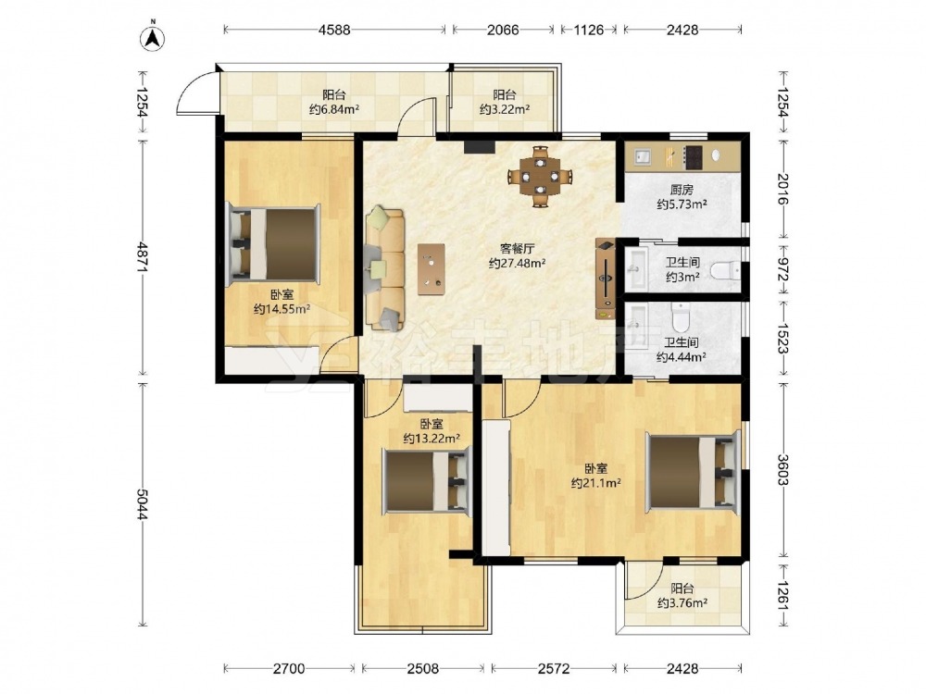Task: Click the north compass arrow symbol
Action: pos(153,37)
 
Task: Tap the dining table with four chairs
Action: pos(541,175)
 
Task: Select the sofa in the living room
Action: pos(385,268)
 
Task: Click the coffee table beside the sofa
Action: pos(432,268)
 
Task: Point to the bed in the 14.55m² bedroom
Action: pos(273,242)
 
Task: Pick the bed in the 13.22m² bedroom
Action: pos(426,479)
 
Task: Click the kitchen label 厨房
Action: pos(682,190)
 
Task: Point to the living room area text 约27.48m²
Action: pos(517,263)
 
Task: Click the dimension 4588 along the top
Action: pos(334,30)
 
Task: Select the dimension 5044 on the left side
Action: pos(142,504)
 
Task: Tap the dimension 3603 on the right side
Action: pos(783,469)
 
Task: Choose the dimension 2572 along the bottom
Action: pos(554,668)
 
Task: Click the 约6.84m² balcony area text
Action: pos(335,109)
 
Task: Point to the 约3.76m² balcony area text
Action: pos(682,603)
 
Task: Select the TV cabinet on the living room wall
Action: pos(606,279)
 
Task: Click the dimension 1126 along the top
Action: pos(589,30)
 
